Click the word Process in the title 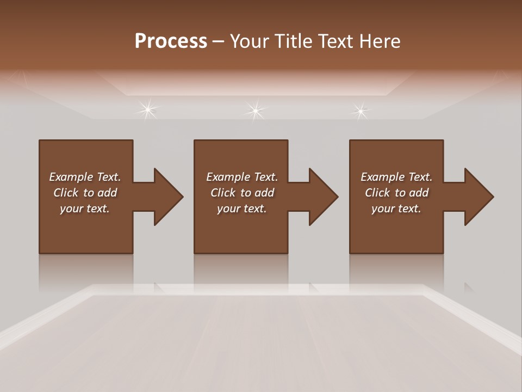pos(171,41)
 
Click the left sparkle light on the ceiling pos(147,111)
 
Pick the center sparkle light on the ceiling pos(255,111)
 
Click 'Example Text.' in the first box pos(85,177)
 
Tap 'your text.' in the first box pos(85,209)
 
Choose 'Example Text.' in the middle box pos(242,177)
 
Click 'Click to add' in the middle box pos(242,193)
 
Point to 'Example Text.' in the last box pos(396,177)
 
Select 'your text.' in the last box pos(396,209)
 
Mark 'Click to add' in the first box pos(85,193)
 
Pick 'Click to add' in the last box pos(396,193)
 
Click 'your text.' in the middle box pos(242,209)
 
